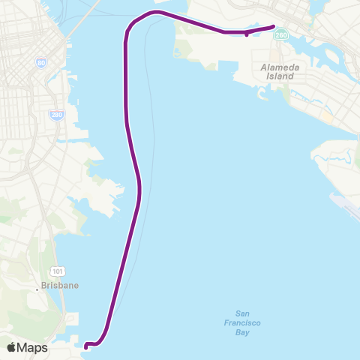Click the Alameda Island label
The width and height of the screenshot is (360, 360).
280,72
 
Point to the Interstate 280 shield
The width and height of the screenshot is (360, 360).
56,115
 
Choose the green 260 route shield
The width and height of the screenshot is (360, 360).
280,34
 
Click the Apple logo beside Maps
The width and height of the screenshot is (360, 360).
12,347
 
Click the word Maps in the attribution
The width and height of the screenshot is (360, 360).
33,347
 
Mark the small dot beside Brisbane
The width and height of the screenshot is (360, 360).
37,286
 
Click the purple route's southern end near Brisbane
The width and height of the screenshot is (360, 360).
86,346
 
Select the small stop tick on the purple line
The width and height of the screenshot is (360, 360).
246,34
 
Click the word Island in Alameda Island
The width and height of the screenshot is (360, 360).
280,76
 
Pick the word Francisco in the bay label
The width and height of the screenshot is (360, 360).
241,322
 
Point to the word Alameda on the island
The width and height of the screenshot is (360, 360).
280,67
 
